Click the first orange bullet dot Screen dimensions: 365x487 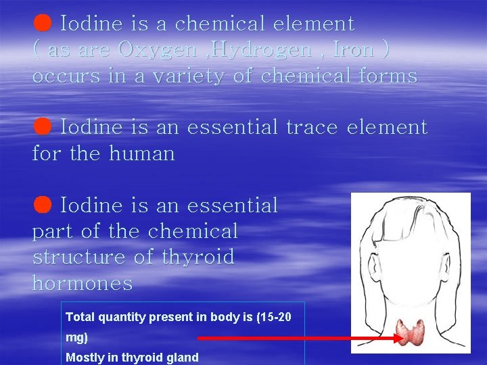coord(42,23)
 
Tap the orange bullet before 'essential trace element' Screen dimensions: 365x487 coord(42,126)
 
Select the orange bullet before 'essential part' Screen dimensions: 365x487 coord(42,204)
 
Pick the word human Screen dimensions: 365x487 coord(141,153)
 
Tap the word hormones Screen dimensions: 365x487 coord(83,283)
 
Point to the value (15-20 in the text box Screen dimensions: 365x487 coord(275,316)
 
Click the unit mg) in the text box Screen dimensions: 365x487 coord(77,337)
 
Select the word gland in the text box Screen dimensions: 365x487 coord(183,358)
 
